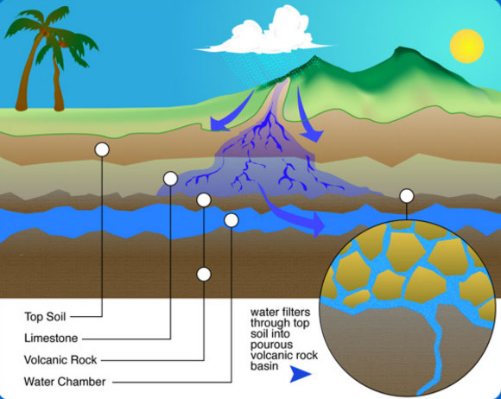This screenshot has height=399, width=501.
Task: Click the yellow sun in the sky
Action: pos(466,46)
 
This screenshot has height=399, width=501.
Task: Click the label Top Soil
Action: pos(45,317)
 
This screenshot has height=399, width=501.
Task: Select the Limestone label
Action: pos(51,338)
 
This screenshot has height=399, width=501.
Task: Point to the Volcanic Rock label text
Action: pos(60,360)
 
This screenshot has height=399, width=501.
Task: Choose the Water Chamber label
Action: pos(65,382)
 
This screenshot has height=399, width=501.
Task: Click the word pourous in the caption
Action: pos(271,345)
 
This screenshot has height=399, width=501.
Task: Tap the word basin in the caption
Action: pos(264,366)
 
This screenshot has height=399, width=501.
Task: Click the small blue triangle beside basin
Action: pos(300,374)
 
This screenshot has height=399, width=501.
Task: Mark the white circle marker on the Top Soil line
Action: pos(102,149)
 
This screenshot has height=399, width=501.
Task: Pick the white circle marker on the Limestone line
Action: pos(170,179)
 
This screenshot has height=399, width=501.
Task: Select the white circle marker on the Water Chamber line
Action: pos(231,220)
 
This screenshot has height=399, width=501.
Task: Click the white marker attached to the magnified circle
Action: pos(407,196)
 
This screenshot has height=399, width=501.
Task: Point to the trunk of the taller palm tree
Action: pos(27,73)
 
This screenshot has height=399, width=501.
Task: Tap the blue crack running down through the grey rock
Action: pos(435,348)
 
